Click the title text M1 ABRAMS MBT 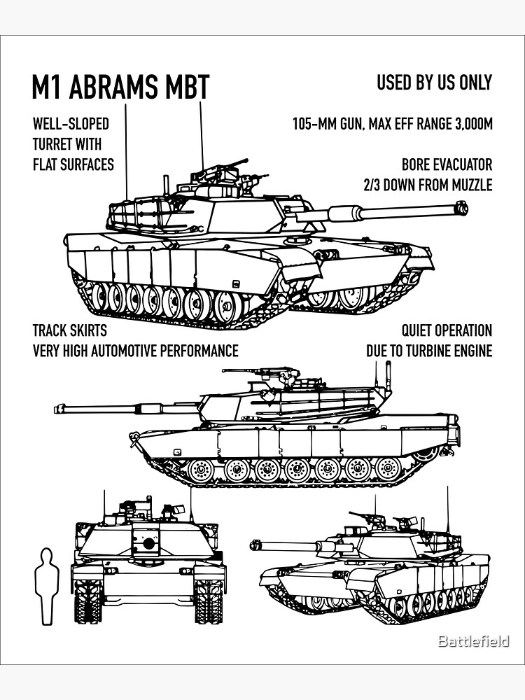tap(120, 87)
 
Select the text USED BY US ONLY tap(434, 83)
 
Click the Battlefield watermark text tap(473, 641)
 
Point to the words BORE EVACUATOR tap(447, 165)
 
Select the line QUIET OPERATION tap(446, 330)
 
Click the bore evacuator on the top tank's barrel tap(349, 212)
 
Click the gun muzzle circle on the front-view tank tap(148, 543)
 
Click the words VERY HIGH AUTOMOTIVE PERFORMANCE tap(135, 351)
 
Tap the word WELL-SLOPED tap(71, 125)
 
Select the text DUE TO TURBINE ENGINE tap(428, 351)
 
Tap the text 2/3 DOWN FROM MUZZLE tap(427, 185)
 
